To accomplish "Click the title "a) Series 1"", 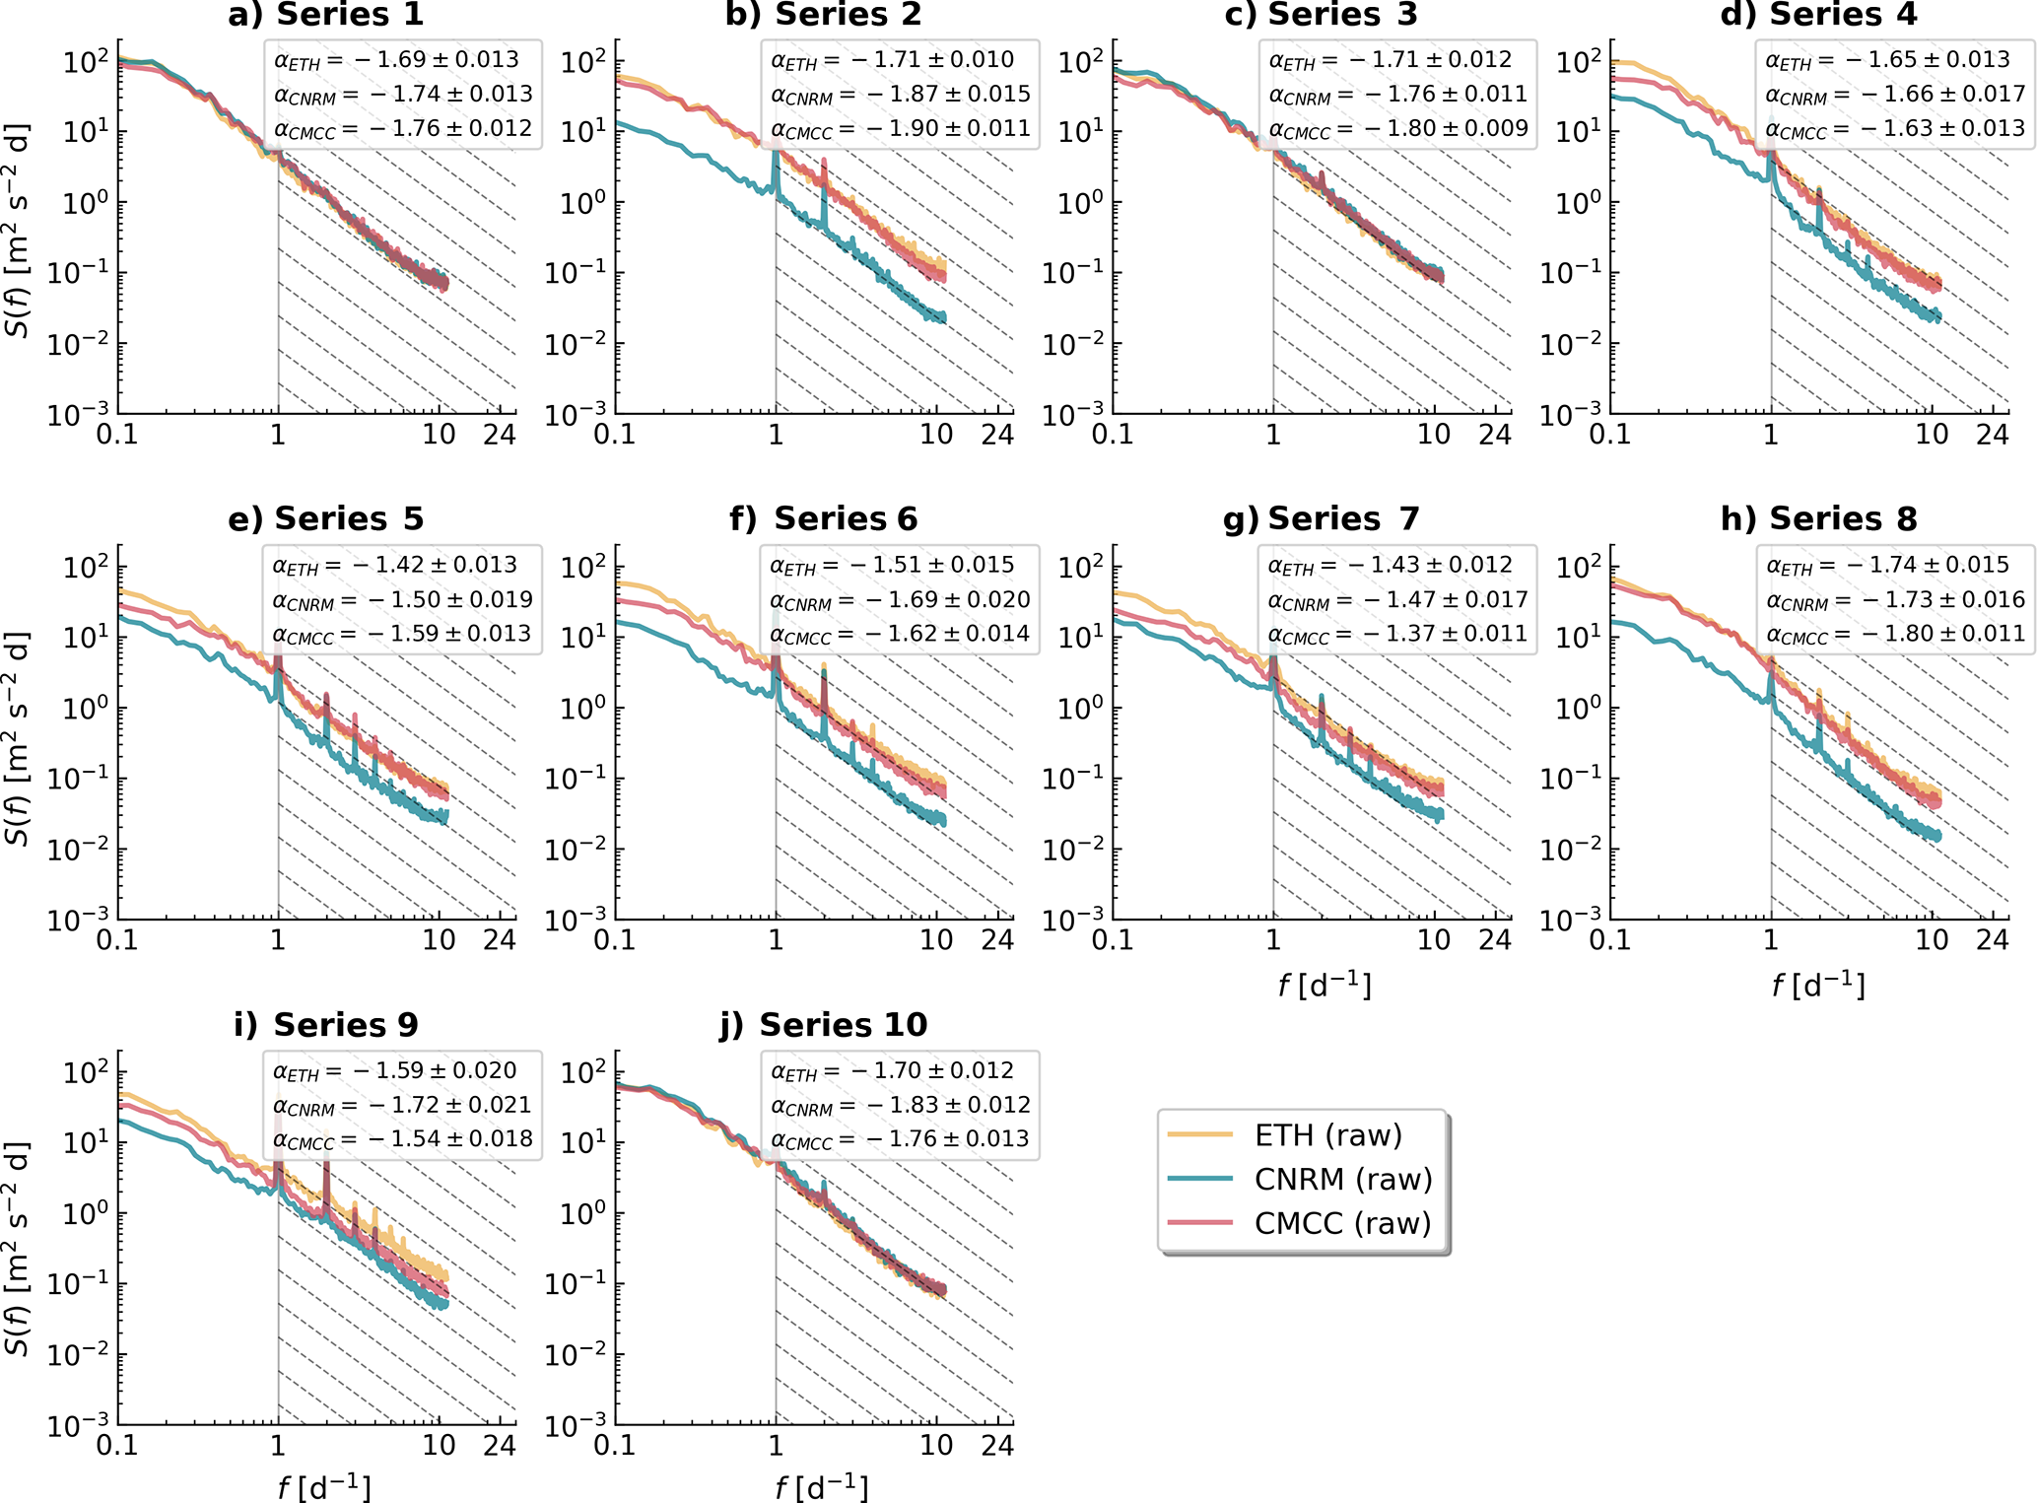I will (325, 15).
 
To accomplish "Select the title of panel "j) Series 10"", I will (823, 1025).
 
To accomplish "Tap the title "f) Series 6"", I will (823, 518).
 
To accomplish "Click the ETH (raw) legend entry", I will (1326, 1135).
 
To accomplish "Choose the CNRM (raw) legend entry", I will (1342, 1179).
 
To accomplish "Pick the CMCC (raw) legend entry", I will (1341, 1223).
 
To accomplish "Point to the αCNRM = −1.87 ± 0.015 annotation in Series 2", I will (900, 95).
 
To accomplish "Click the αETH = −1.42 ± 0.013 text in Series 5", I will (394, 565).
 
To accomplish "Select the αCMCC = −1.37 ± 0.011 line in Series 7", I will (1396, 634).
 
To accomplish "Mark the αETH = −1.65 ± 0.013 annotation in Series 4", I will (1887, 60).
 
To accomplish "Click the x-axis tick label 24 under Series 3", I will (1494, 435).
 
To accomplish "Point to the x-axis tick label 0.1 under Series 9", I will (117, 1446).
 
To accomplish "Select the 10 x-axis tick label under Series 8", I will (1932, 940).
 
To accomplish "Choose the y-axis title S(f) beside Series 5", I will (17, 739).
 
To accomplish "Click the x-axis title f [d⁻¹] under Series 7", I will (1324, 985).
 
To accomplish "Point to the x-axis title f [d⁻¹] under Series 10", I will (822, 1487).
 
